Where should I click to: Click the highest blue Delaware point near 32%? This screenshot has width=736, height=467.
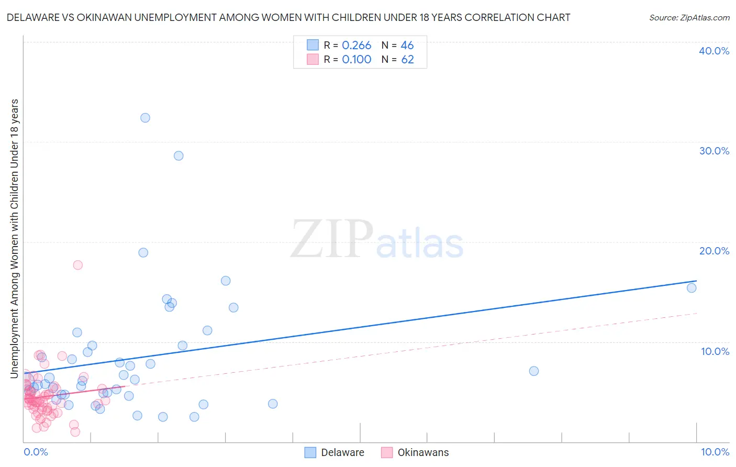coord(145,118)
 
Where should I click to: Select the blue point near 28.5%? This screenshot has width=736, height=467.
coord(179,155)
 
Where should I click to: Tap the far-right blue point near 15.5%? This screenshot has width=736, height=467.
coord(692,288)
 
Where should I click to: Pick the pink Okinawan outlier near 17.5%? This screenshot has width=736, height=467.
coord(77,265)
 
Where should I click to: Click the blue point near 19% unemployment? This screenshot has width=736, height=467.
coord(143,252)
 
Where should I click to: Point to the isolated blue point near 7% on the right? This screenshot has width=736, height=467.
coord(534,371)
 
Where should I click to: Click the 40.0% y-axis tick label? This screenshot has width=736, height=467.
coord(714,51)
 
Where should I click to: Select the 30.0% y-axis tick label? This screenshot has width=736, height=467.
coord(714,151)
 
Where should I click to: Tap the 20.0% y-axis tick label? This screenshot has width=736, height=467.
coord(714,251)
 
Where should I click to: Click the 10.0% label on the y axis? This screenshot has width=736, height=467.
coord(715,351)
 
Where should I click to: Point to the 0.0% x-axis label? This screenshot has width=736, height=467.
coord(36,452)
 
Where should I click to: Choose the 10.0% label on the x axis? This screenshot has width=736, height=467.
coord(715,452)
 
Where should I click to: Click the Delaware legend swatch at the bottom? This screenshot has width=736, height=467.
coord(310,452)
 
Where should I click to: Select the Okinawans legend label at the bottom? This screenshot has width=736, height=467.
coord(423,452)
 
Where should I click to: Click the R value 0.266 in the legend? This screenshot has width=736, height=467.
coord(356,46)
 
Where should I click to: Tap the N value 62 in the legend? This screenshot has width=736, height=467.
coord(407,60)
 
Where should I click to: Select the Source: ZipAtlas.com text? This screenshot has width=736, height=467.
coord(689,17)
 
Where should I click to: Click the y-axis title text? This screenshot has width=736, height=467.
coord(14,238)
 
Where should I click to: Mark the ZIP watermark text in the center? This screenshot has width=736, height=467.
coord(332,240)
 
